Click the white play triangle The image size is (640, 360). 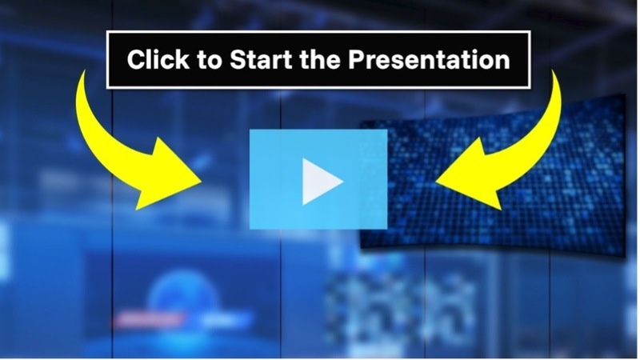click(320, 181)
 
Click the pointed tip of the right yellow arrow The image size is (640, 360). click(437, 182)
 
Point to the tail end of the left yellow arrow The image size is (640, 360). click(83, 74)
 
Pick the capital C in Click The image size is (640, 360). click(136, 60)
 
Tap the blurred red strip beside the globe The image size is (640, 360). click(136, 316)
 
